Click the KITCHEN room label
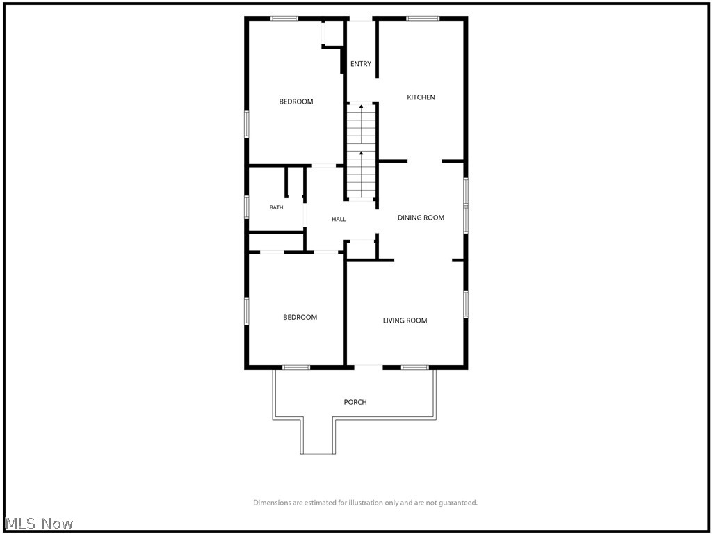pyautogui.click(x=421, y=97)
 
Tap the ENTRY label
pyautogui.click(x=361, y=64)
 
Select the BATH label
pyautogui.click(x=276, y=207)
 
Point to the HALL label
pyautogui.click(x=339, y=219)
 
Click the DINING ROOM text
pyautogui.click(x=421, y=218)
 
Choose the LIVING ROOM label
pyautogui.click(x=405, y=321)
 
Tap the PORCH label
pyautogui.click(x=355, y=402)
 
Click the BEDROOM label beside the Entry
pyautogui.click(x=296, y=102)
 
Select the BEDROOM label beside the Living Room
pyautogui.click(x=300, y=317)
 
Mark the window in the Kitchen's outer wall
pyautogui.click(x=423, y=19)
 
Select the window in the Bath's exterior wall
pyautogui.click(x=247, y=207)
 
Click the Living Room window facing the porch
pyautogui.click(x=415, y=367)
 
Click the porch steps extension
pyautogui.click(x=317, y=437)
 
